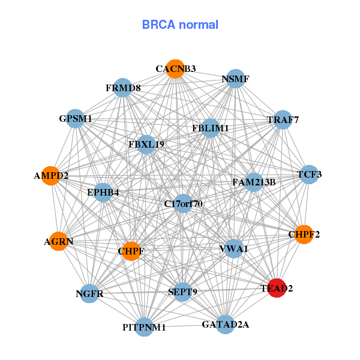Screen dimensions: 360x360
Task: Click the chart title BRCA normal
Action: pos(180,25)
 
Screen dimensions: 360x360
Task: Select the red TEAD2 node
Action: pos(277,288)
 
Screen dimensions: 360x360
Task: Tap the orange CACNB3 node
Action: pos(175,68)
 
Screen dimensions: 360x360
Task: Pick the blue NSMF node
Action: pos(235,79)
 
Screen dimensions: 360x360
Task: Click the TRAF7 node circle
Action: pos(283,119)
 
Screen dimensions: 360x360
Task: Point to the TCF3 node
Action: pos(309,175)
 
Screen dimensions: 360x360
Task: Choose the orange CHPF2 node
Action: pos(304,234)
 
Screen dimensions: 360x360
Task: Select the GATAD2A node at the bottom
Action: pos(225,325)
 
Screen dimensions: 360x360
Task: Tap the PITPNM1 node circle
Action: pos(144,327)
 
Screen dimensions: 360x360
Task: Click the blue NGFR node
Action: pos(89,293)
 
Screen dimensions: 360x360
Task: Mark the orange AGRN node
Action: pos(58,241)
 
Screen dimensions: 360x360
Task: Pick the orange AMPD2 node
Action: pos(51,176)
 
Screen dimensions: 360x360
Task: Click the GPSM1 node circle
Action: pos(76,119)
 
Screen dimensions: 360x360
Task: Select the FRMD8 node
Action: pos(123,88)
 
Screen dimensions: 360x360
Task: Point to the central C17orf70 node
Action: pos(184,204)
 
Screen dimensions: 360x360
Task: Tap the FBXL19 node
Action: pos(146,144)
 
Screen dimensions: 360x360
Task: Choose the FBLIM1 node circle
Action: pos(211,128)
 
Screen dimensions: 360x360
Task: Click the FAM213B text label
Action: pos(254,182)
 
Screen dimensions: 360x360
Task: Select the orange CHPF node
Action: pos(131,250)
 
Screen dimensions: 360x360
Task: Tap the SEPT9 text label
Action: pos(183,292)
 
